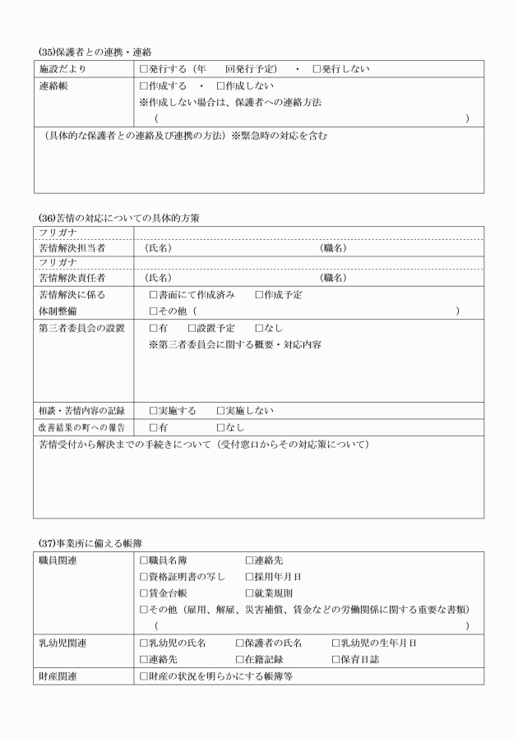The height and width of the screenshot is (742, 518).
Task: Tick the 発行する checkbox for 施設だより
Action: coord(145,69)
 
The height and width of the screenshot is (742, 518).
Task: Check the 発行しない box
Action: coord(317,69)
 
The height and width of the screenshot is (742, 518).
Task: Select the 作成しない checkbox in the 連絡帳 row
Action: coord(221,85)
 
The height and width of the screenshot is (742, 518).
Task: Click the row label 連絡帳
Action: coord(53,85)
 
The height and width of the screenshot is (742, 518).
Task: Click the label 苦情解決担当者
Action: coord(72,247)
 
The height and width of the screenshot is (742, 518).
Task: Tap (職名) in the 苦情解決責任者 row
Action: coord(333,278)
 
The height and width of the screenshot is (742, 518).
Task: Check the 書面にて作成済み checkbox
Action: coord(154,294)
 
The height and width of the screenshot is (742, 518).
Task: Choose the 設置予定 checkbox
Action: coord(192,328)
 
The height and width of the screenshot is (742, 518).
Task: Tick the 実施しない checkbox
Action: coord(221,410)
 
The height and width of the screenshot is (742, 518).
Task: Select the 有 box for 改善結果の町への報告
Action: coord(154,427)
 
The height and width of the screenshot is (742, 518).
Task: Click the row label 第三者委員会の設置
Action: coord(81,328)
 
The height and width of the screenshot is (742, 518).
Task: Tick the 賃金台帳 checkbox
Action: coord(145,592)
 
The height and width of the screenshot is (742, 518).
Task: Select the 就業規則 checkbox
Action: coord(250,592)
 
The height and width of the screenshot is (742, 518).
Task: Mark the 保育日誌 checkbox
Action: coord(335,659)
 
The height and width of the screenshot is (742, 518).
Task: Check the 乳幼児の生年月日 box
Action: coord(335,643)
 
